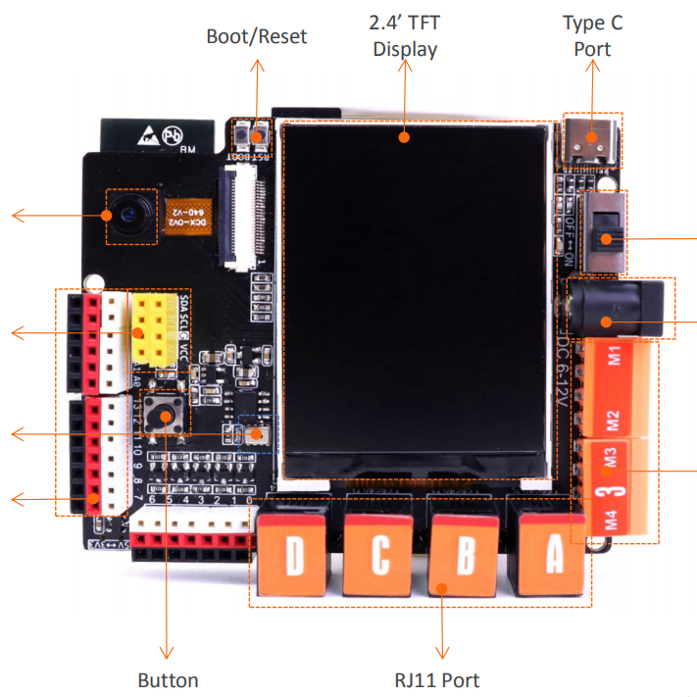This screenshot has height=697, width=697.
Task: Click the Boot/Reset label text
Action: coord(256,37)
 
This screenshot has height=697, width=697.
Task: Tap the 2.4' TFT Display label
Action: coord(405,35)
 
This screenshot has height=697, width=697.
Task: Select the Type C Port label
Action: coord(592,35)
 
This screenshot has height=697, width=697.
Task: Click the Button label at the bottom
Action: coord(168,680)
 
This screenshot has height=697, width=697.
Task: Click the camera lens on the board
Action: coord(129,214)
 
